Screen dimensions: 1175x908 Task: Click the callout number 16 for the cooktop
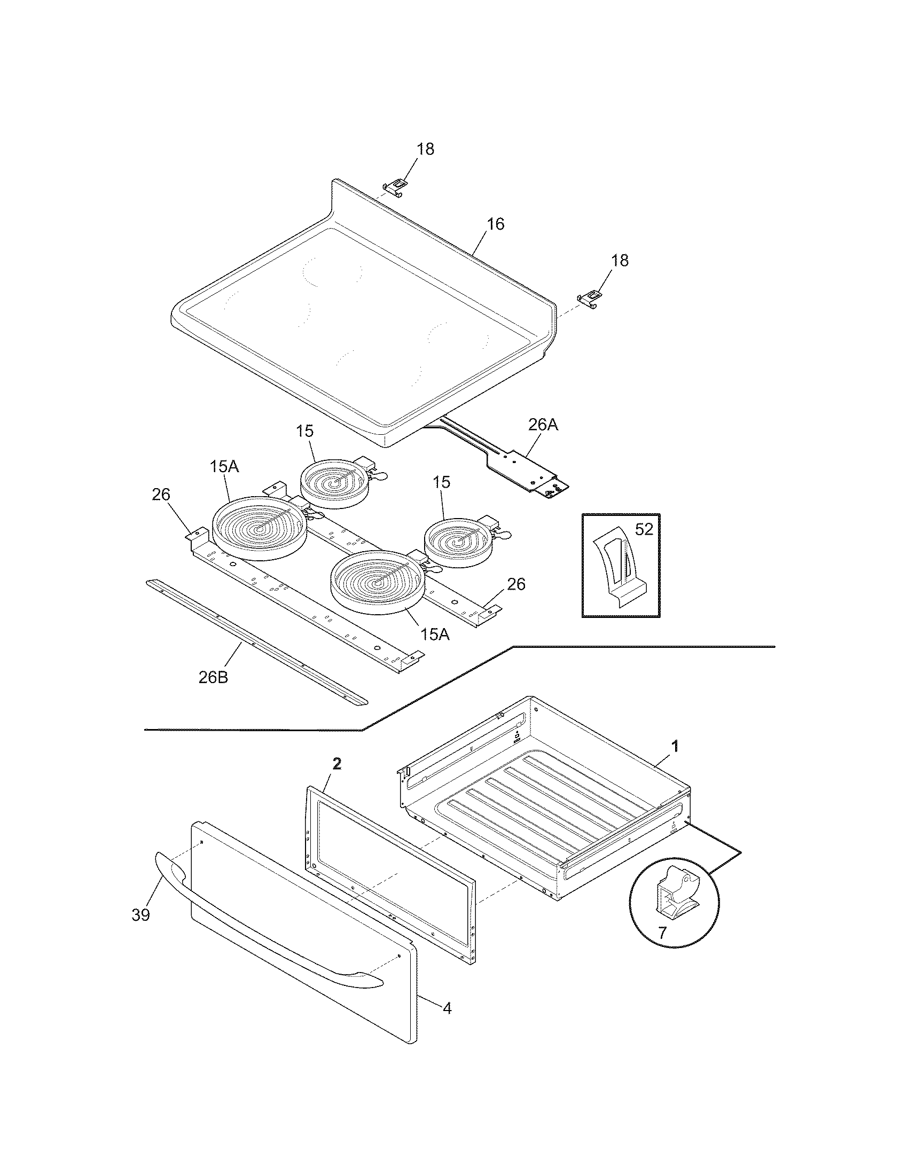496,224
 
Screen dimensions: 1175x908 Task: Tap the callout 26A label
543,425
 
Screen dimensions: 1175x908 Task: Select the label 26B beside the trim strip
213,677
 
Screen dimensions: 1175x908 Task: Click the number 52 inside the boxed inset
644,529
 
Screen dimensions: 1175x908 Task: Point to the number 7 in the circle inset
662,933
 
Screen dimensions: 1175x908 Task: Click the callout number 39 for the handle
141,914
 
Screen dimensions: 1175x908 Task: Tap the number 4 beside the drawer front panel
447,1008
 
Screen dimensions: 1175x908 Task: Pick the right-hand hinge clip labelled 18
590,297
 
